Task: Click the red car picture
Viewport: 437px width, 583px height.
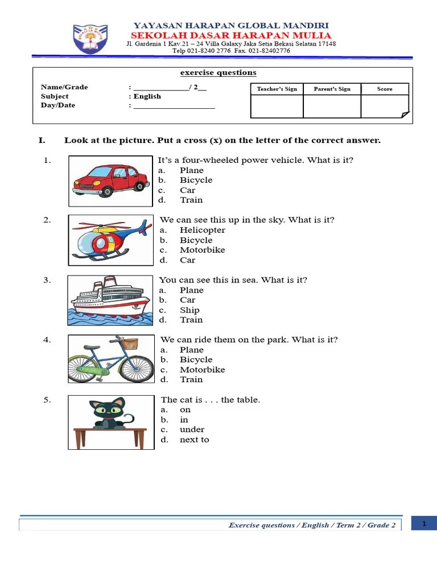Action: tap(111, 180)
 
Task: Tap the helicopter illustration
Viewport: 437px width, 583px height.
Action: tap(110, 240)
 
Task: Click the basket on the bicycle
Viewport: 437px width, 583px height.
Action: tap(129, 343)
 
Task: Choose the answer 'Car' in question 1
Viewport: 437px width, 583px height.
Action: tap(187, 190)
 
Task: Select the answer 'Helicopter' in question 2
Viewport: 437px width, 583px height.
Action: tap(202, 230)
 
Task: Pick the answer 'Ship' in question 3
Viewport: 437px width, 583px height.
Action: tap(189, 310)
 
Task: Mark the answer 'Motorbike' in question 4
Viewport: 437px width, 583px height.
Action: tap(202, 369)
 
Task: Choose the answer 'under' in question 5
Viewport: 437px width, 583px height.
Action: tap(192, 429)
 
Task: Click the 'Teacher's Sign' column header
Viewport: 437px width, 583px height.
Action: tap(277, 89)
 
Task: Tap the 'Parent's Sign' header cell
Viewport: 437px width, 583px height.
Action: tap(332, 89)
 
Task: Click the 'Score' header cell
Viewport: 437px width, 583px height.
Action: tap(385, 89)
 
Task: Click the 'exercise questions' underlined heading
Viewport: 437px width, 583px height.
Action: tap(218, 73)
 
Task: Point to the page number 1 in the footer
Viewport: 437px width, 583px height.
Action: tap(424, 524)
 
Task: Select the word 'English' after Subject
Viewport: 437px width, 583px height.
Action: tap(147, 96)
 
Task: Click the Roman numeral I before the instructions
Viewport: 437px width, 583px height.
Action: tap(41, 140)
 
